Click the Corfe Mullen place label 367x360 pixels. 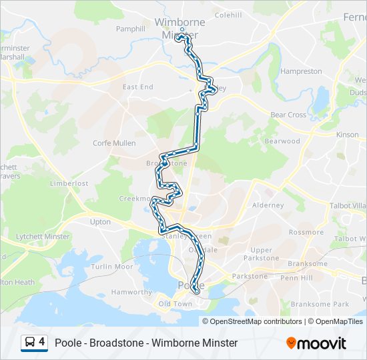(114, 143)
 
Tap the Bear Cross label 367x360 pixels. (288, 115)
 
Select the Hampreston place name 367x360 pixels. (301, 71)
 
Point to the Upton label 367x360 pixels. (100, 221)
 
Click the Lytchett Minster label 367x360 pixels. (43, 237)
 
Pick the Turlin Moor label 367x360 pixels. (113, 267)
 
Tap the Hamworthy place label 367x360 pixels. (131, 292)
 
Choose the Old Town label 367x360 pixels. (174, 305)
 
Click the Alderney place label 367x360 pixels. (268, 205)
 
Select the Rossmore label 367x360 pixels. (306, 233)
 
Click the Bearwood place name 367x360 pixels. (282, 141)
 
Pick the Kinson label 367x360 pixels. (348, 135)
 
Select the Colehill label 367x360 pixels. (228, 15)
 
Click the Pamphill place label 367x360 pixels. (130, 29)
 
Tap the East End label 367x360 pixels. (138, 87)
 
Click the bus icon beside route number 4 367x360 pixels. (30, 343)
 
